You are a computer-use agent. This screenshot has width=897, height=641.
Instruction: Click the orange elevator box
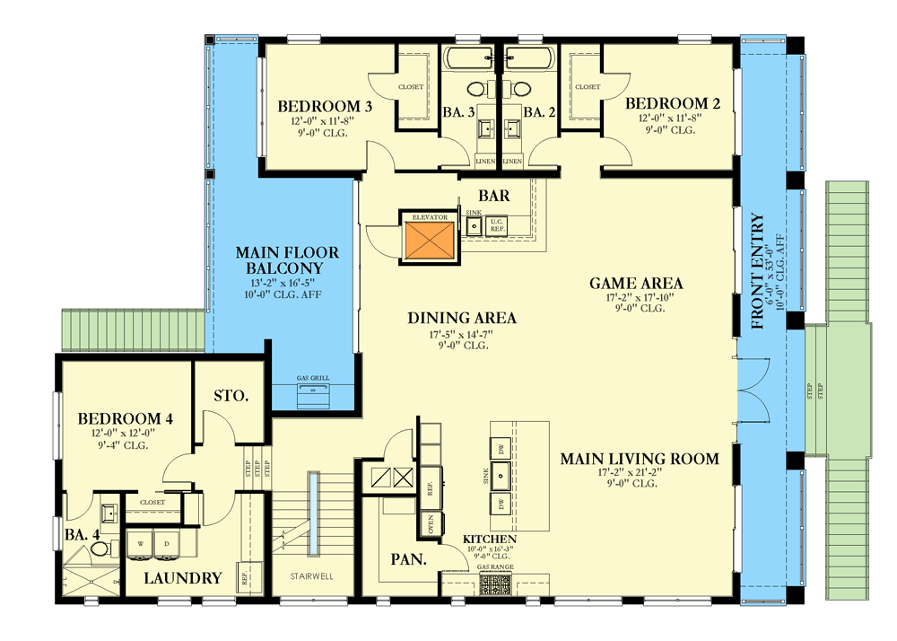(428, 241)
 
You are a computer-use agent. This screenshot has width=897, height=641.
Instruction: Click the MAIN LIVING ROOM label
(640, 459)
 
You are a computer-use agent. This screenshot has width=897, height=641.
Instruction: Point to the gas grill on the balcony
(314, 392)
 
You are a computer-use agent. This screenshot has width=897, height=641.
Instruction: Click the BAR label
(494, 195)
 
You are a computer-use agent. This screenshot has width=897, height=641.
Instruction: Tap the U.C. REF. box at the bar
(497, 228)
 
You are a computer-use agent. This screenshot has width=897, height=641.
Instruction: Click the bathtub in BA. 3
(468, 61)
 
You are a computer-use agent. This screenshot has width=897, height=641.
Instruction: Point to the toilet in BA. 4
(100, 547)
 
